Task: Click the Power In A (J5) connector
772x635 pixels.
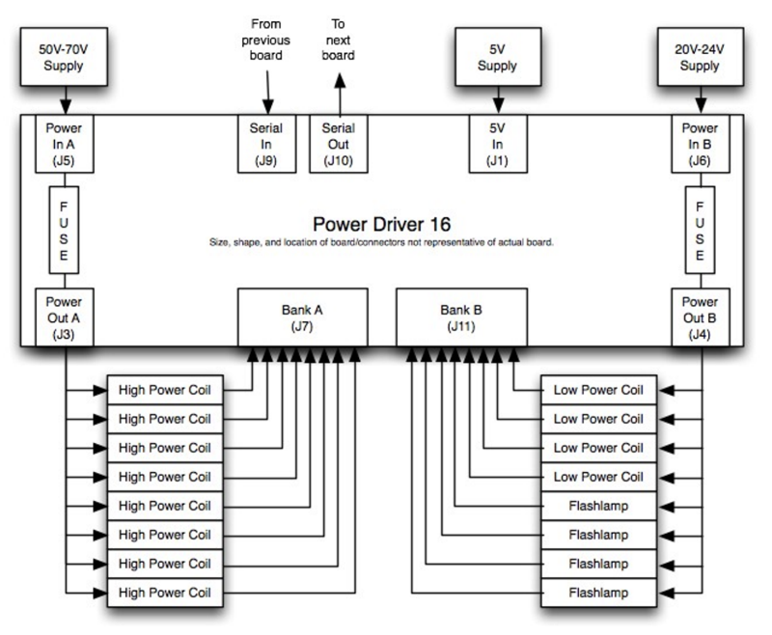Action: (x=65, y=142)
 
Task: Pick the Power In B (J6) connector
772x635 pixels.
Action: (x=700, y=142)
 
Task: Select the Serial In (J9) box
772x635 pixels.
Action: (x=267, y=142)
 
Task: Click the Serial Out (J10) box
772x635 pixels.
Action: (x=339, y=142)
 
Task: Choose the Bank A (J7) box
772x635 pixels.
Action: (x=304, y=317)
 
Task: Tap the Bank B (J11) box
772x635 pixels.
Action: (x=461, y=317)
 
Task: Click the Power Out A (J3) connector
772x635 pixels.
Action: (x=65, y=317)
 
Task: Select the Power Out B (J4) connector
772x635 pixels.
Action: (x=700, y=317)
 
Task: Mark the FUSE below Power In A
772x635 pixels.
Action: (x=65, y=230)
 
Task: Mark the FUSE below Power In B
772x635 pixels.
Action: (x=700, y=230)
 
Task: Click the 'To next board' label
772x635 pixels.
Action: (x=338, y=38)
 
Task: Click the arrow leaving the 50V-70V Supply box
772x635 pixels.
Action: (x=65, y=98)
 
